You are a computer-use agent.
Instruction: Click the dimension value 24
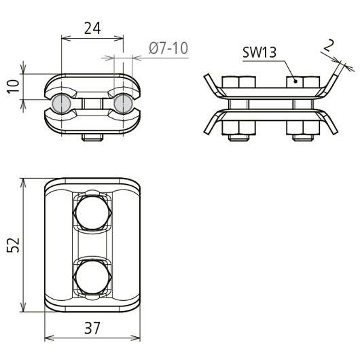[x=92, y=29]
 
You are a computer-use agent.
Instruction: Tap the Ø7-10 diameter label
[x=168, y=48]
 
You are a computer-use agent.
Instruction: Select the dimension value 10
[x=14, y=86]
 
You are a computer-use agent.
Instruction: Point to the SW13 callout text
[x=259, y=52]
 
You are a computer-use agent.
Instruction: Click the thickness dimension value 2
[x=328, y=46]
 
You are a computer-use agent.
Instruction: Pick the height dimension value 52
[x=13, y=245]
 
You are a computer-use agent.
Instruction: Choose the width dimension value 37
[x=92, y=328]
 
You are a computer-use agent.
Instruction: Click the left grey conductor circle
[x=62, y=104]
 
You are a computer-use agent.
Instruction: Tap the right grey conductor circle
[x=124, y=104]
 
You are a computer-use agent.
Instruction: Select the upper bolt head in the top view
[x=92, y=213]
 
